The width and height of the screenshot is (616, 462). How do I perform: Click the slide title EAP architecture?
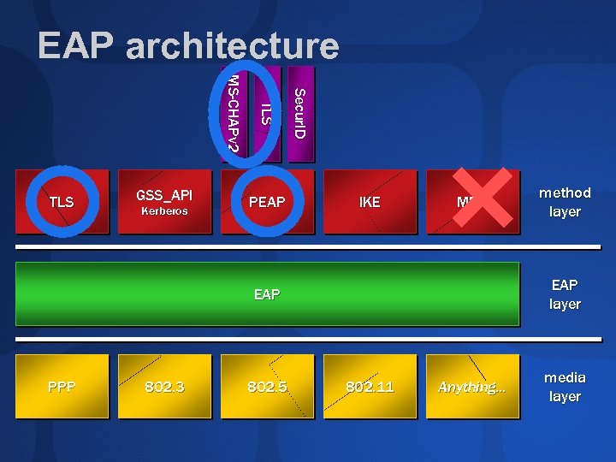click(188, 46)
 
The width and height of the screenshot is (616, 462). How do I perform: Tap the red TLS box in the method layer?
click(62, 203)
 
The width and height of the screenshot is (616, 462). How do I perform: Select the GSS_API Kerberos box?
click(164, 202)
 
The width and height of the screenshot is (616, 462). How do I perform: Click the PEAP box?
click(267, 203)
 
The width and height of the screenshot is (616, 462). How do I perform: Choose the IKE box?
click(370, 203)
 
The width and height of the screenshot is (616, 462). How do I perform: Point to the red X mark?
click(484, 197)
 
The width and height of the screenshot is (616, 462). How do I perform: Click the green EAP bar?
click(267, 294)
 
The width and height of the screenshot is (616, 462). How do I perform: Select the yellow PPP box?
click(62, 387)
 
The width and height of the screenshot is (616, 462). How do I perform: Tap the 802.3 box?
click(164, 387)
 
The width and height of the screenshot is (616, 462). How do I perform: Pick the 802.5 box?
click(267, 387)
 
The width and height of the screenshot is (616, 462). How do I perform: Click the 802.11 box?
click(370, 387)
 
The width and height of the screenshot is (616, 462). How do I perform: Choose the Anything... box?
click(472, 387)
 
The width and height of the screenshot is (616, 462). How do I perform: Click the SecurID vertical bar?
click(300, 114)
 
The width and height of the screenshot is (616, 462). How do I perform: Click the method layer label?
click(565, 202)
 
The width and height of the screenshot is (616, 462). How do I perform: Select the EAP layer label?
click(565, 294)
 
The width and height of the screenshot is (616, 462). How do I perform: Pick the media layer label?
click(565, 387)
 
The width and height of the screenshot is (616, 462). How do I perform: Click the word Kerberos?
click(164, 210)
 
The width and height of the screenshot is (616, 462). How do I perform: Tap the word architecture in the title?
click(232, 46)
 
